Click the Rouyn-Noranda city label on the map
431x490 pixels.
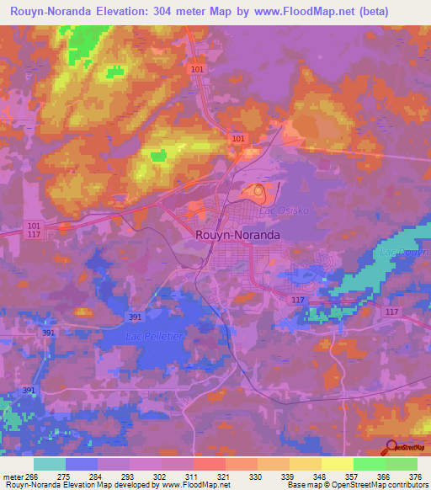[238, 236]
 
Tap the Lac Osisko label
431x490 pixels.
[280, 210]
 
